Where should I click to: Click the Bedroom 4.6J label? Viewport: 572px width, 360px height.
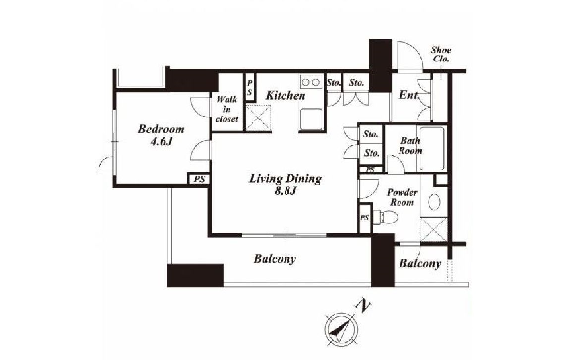pyautogui.click(x=161, y=135)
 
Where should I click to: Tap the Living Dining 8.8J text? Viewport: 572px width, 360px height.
pyautogui.click(x=285, y=185)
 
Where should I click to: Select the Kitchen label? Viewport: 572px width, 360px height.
pyautogui.click(x=286, y=96)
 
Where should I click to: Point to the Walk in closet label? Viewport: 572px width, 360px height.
pyautogui.click(x=227, y=109)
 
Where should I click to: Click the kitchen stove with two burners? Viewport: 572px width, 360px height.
pyautogui.click(x=311, y=82)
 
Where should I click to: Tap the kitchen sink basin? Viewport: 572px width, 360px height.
pyautogui.click(x=311, y=119)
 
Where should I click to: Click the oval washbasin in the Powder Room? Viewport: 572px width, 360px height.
pyautogui.click(x=434, y=202)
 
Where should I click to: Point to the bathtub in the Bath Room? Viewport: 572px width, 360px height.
pyautogui.click(x=432, y=148)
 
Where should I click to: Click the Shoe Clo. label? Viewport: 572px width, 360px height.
pyautogui.click(x=441, y=54)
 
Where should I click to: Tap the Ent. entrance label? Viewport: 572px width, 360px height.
pyautogui.click(x=408, y=95)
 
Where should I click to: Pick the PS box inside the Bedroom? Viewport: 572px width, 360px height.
pyautogui.click(x=199, y=180)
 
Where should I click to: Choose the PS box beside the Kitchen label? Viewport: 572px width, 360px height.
pyautogui.click(x=250, y=88)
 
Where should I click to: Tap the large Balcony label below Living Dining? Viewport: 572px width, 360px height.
pyautogui.click(x=275, y=259)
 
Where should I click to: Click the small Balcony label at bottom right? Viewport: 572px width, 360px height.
pyautogui.click(x=420, y=263)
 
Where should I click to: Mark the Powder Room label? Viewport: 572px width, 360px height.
pyautogui.click(x=402, y=197)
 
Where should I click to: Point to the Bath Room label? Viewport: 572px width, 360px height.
pyautogui.click(x=410, y=145)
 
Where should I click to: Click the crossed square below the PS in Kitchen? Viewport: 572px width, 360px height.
pyautogui.click(x=258, y=117)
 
